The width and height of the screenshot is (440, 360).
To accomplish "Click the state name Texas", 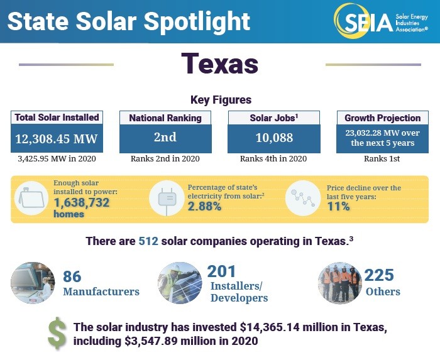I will click(219, 63).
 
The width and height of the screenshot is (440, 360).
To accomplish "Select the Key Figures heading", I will click(220, 100).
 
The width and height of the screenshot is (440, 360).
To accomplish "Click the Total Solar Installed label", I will click(57, 117).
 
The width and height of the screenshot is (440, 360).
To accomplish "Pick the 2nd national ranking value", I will click(165, 138).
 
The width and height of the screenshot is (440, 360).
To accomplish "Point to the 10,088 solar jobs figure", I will click(273, 138).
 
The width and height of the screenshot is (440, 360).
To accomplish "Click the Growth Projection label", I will click(382, 117).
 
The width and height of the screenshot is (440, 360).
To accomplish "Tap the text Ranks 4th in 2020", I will click(273, 159).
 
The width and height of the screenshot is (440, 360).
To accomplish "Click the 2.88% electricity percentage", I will click(204, 207).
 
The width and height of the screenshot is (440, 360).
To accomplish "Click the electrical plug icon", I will click(167, 198).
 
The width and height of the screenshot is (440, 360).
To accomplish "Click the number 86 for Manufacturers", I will click(73, 276).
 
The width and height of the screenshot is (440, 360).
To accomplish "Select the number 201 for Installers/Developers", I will click(222, 271).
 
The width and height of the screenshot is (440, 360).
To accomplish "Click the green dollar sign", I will click(57, 335).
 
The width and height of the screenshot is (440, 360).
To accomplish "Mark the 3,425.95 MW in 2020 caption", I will click(57, 159).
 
